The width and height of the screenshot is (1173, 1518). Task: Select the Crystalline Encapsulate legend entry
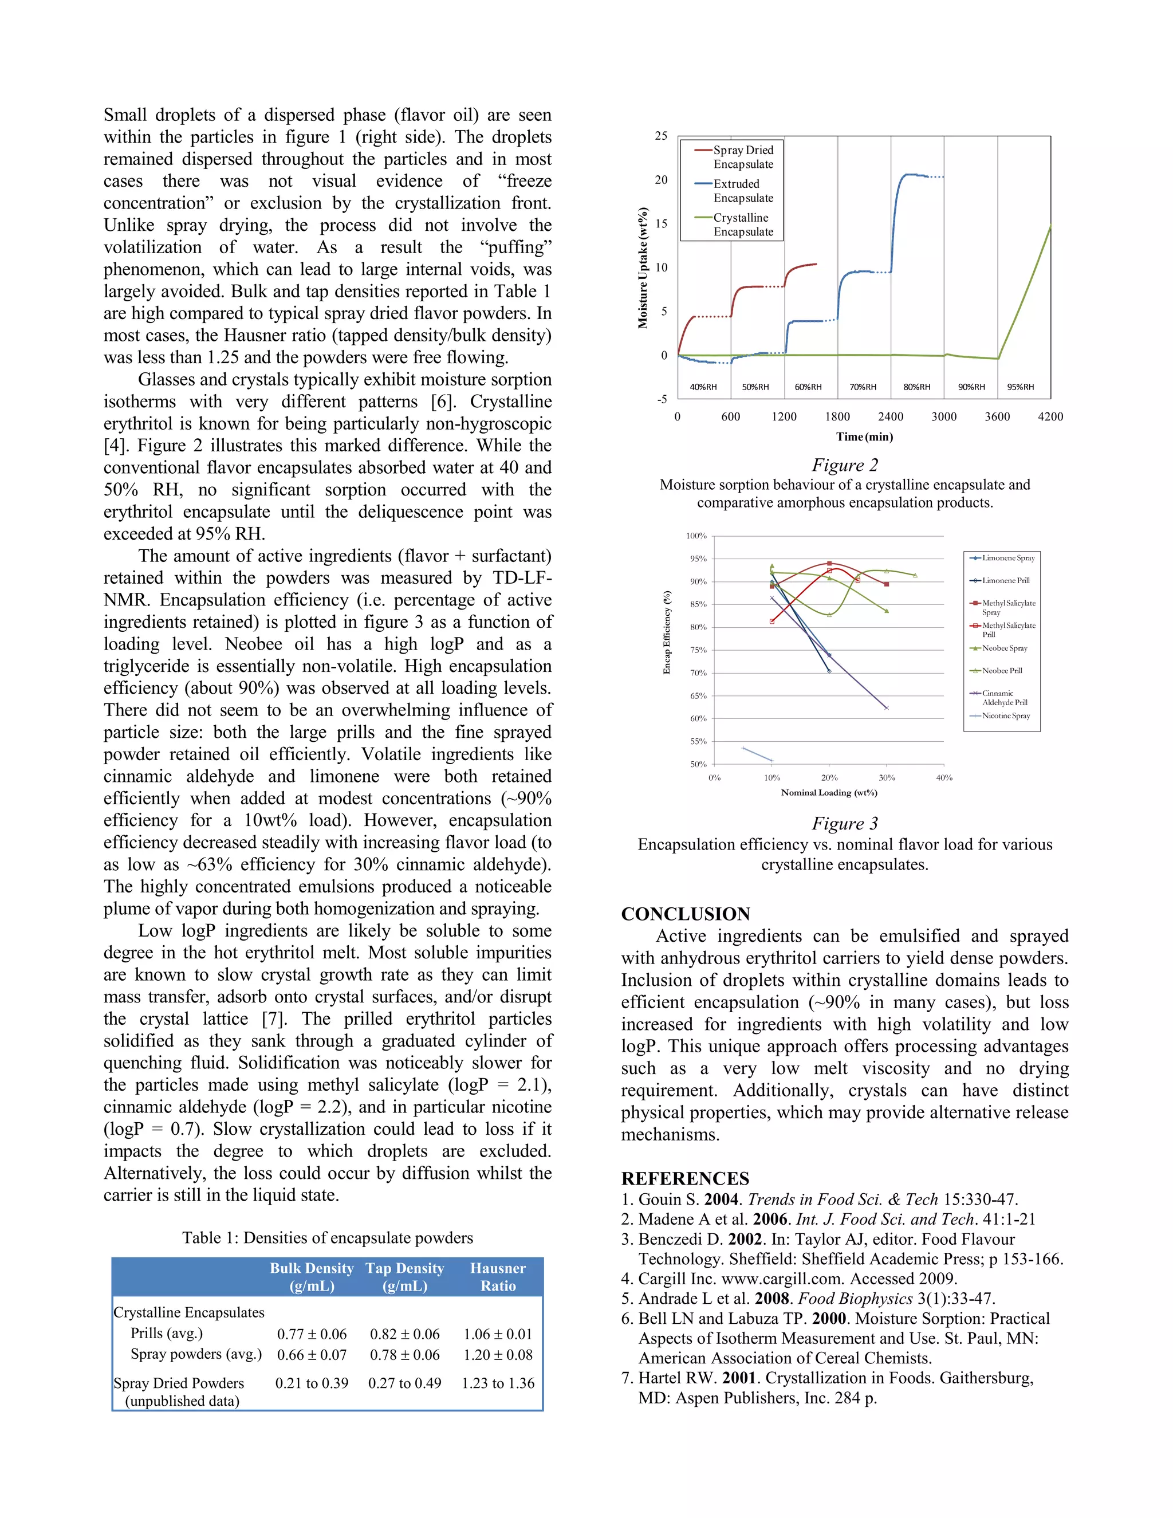[742, 225]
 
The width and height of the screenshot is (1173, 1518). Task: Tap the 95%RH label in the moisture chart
[1020, 387]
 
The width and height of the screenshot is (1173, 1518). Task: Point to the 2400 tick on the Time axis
[890, 416]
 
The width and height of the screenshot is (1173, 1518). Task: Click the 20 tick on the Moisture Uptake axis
[661, 180]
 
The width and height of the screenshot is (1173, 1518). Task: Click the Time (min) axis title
[864, 436]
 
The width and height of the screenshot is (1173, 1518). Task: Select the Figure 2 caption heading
[844, 465]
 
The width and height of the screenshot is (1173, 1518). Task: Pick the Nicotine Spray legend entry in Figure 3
[1006, 716]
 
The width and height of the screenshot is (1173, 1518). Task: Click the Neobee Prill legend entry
[1001, 671]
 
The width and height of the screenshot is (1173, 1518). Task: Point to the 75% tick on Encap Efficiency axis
[698, 650]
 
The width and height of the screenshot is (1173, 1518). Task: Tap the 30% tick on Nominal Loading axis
[887, 778]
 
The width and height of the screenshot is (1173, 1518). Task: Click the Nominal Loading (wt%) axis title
[828, 792]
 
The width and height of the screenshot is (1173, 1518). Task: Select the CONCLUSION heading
[685, 914]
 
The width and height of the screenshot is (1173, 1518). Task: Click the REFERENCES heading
[684, 1179]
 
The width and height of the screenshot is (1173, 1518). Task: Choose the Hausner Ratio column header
[498, 1277]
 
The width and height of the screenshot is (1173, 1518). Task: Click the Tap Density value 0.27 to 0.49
[404, 1383]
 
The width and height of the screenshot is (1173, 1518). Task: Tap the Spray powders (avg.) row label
[196, 1354]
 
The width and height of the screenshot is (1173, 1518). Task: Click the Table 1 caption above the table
[327, 1238]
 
